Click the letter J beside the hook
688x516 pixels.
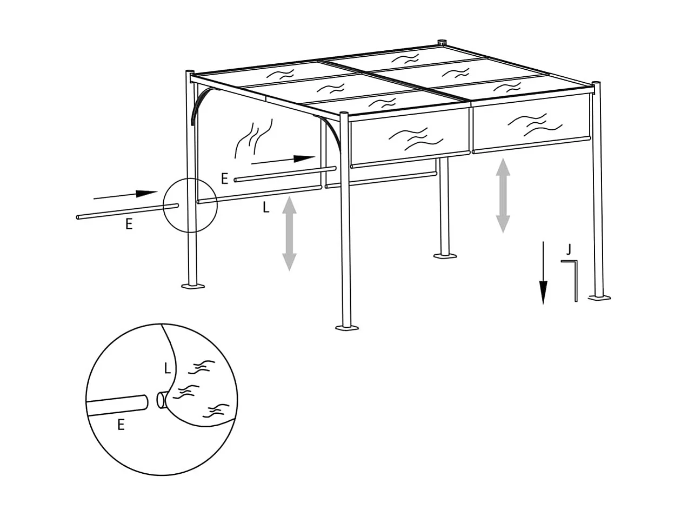pyautogui.click(x=568, y=249)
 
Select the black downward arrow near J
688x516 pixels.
pyautogui.click(x=544, y=273)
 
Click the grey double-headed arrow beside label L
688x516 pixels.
pyautogui.click(x=289, y=233)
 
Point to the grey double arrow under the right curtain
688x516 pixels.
pyautogui.click(x=503, y=195)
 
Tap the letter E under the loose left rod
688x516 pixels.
pyautogui.click(x=129, y=224)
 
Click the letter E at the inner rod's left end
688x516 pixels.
pyautogui.click(x=225, y=177)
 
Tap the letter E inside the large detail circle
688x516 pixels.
pyautogui.click(x=121, y=425)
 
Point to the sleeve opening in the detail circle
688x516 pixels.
pyautogui.click(x=161, y=401)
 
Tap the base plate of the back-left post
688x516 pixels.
pyautogui.click(x=192, y=285)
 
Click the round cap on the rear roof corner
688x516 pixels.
pyautogui.click(x=442, y=42)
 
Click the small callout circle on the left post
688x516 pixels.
pyautogui.click(x=190, y=205)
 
